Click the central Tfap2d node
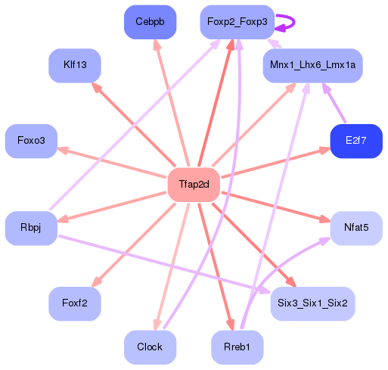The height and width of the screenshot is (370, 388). pyautogui.click(x=193, y=185)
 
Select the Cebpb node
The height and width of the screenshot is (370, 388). pyautogui.click(x=150, y=22)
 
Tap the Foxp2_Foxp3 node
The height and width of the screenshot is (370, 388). pyautogui.click(x=237, y=22)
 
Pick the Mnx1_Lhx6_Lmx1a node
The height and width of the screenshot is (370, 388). pyautogui.click(x=312, y=66)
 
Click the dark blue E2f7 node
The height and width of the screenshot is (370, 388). pyautogui.click(x=355, y=141)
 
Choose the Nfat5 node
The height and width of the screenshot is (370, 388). pyautogui.click(x=356, y=228)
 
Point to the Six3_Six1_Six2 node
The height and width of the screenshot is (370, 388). pyautogui.click(x=312, y=303)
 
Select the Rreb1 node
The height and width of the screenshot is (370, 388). pyautogui.click(x=237, y=347)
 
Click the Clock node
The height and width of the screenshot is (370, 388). pyautogui.click(x=150, y=347)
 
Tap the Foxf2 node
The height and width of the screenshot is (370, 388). pyautogui.click(x=75, y=303)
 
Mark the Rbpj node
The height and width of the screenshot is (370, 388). pyautogui.click(x=31, y=228)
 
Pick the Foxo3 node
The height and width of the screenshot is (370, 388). pyautogui.click(x=31, y=141)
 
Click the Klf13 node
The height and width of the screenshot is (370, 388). pyautogui.click(x=75, y=66)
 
